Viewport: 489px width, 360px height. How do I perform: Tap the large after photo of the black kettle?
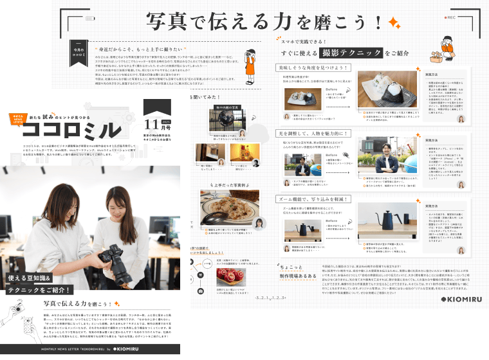click(380, 228)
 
